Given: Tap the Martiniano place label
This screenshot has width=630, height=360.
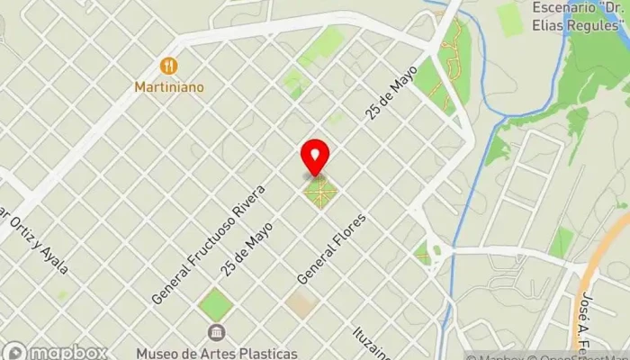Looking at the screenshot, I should click(168, 87).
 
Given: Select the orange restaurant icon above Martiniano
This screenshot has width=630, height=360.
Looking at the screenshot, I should click(168, 66).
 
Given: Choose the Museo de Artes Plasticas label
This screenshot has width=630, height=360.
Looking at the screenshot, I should click(217, 352).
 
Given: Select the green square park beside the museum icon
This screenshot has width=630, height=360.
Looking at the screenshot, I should click(215, 304).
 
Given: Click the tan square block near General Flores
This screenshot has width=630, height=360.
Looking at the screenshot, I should click(301, 304).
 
